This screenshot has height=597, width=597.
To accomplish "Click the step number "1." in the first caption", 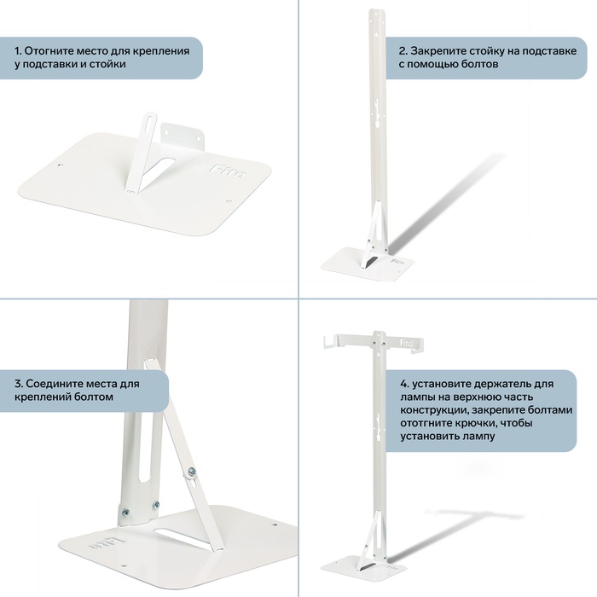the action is click(18, 51).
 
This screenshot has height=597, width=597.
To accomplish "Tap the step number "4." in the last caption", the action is click(404, 384).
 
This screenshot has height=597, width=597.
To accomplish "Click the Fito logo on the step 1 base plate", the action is click(228, 170).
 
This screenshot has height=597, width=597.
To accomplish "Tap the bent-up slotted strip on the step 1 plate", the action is click(142, 153).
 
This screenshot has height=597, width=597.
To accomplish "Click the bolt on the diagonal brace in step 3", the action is click(192, 472).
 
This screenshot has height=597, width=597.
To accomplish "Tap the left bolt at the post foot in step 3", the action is click(125, 513).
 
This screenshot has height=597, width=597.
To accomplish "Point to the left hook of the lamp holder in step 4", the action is click(328, 341).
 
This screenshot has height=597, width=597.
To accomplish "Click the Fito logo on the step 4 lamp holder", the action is click(406, 343).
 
